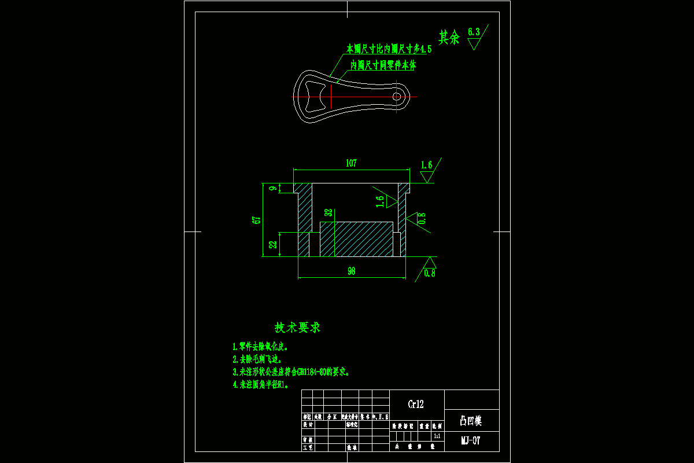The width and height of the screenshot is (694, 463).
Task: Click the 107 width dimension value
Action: click(351, 163)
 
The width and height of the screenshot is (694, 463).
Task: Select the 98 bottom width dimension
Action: click(351, 271)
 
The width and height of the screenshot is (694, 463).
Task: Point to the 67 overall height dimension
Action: click(257, 219)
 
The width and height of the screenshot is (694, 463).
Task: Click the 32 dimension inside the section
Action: click(328, 214)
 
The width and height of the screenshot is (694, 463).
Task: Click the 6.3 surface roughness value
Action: click(474, 32)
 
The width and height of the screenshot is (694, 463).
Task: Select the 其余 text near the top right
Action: click(449, 38)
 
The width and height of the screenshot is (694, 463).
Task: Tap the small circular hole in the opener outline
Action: click(397, 96)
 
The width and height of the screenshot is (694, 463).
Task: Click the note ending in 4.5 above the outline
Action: click(389, 48)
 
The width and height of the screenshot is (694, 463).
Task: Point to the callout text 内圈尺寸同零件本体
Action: click(383, 65)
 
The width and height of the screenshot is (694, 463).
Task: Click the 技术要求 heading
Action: click(297, 328)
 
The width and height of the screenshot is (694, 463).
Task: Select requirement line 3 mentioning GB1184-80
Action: click(291, 372)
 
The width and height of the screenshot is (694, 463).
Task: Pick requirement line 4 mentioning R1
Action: click(260, 384)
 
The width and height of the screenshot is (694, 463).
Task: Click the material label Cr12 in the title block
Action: click(417, 405)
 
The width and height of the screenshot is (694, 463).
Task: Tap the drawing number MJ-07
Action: click(471, 440)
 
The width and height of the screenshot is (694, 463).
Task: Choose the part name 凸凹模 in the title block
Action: click(471, 421)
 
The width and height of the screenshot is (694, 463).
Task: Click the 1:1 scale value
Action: click(436, 435)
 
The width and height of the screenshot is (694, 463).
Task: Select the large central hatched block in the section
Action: click(356, 239)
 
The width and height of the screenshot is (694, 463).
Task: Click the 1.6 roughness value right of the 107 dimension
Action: click(426, 166)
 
